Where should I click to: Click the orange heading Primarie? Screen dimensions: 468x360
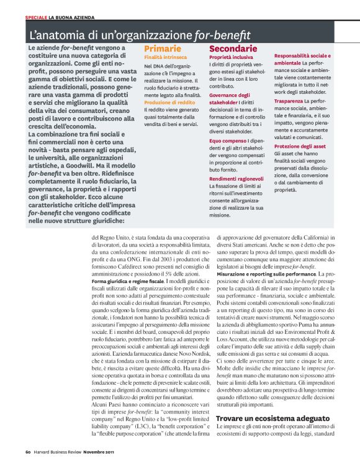coord(163,48)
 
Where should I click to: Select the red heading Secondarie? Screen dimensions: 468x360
coord(233,48)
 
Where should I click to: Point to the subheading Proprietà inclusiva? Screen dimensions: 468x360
coord(231,56)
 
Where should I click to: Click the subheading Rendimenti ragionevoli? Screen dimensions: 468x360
coord(236,178)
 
